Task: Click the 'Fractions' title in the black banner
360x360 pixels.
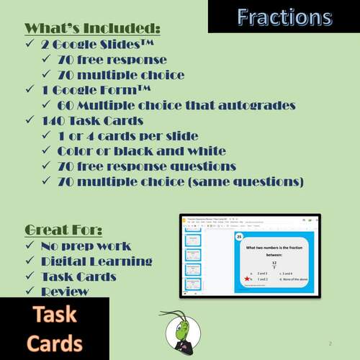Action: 284,17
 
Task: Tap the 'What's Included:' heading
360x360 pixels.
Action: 92,29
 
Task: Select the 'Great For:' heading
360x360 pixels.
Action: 63,230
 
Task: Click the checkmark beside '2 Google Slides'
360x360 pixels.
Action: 30,45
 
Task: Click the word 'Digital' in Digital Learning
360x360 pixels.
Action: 70,261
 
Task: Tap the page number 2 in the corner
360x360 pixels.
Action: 330,343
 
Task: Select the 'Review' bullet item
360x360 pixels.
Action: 65,291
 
